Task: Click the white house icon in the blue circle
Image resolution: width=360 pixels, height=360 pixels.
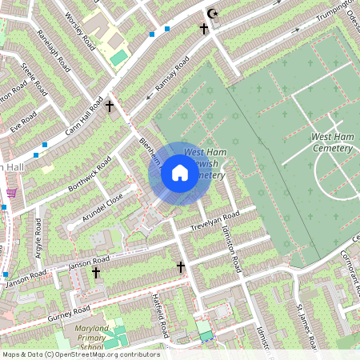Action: pos(180,172)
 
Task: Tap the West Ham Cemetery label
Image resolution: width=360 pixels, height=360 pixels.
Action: pos(332,143)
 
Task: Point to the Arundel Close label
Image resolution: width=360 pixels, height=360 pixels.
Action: pos(104,206)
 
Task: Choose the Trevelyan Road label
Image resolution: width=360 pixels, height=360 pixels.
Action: pos(214,222)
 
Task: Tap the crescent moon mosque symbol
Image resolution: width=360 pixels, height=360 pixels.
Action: pos(212,14)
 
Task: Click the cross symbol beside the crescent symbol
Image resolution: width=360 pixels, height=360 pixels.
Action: pos(203,28)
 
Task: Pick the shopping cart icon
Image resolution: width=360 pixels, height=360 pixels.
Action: pos(11,192)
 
